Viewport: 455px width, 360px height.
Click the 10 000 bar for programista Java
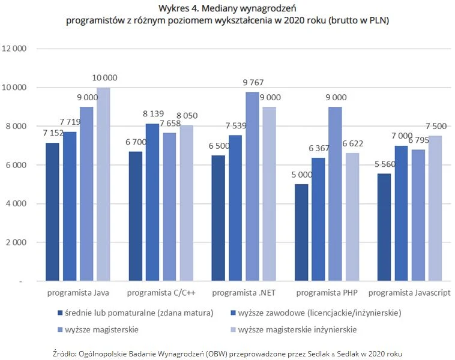pyautogui.click(x=103, y=184)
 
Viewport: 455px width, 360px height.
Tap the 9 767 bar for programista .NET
pyautogui.click(x=252, y=187)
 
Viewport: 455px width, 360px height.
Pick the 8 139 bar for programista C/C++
pyautogui.click(x=152, y=202)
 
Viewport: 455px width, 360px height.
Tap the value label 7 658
pyautogui.click(x=170, y=124)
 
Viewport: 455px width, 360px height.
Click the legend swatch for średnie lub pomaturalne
pyautogui.click(x=59, y=313)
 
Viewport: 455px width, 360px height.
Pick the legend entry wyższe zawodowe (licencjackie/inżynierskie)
pyautogui.click(x=319, y=313)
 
